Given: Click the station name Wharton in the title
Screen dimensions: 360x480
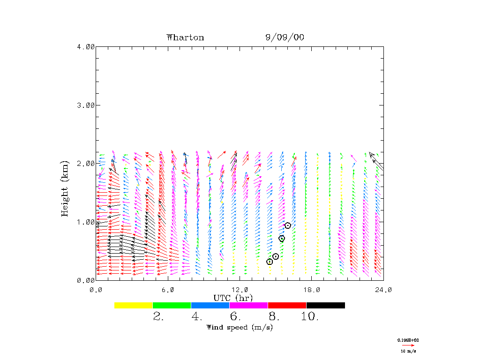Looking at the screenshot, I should [x=185, y=37].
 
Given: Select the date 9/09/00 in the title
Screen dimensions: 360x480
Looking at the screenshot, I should [x=285, y=37].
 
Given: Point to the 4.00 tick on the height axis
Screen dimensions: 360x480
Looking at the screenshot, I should [x=86, y=46].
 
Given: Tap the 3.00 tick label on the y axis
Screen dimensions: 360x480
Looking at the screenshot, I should [x=86, y=105].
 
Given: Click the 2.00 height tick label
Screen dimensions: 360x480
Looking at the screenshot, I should [x=86, y=164].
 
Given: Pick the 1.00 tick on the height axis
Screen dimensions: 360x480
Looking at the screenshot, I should [x=86, y=222].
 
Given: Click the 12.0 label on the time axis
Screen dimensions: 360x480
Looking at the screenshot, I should [x=240, y=290].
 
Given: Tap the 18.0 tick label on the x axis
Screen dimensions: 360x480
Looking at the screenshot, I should [x=312, y=290].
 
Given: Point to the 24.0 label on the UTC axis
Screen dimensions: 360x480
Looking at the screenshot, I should [x=383, y=290].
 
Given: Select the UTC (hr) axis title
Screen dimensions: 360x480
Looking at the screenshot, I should [x=233, y=298].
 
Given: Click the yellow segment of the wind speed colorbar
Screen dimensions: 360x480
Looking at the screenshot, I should [x=134, y=305].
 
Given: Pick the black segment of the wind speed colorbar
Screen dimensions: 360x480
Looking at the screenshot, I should [x=326, y=305].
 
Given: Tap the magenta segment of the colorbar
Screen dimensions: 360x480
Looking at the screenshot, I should [x=249, y=305].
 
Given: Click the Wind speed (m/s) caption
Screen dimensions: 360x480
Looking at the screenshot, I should [x=240, y=327].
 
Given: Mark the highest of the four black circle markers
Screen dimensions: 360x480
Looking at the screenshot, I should [x=288, y=225].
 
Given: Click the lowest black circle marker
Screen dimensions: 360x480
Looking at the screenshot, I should [x=270, y=262].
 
